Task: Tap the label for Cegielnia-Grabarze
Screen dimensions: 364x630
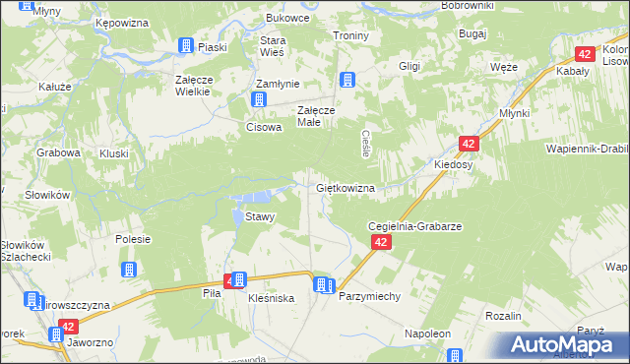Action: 414,225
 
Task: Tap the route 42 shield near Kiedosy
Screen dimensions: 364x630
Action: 470,144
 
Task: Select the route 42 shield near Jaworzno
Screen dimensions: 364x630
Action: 67,327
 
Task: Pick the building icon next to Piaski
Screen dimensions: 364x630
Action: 186,45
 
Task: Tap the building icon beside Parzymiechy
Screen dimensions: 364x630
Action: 322,285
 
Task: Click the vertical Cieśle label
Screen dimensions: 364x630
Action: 366,145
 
